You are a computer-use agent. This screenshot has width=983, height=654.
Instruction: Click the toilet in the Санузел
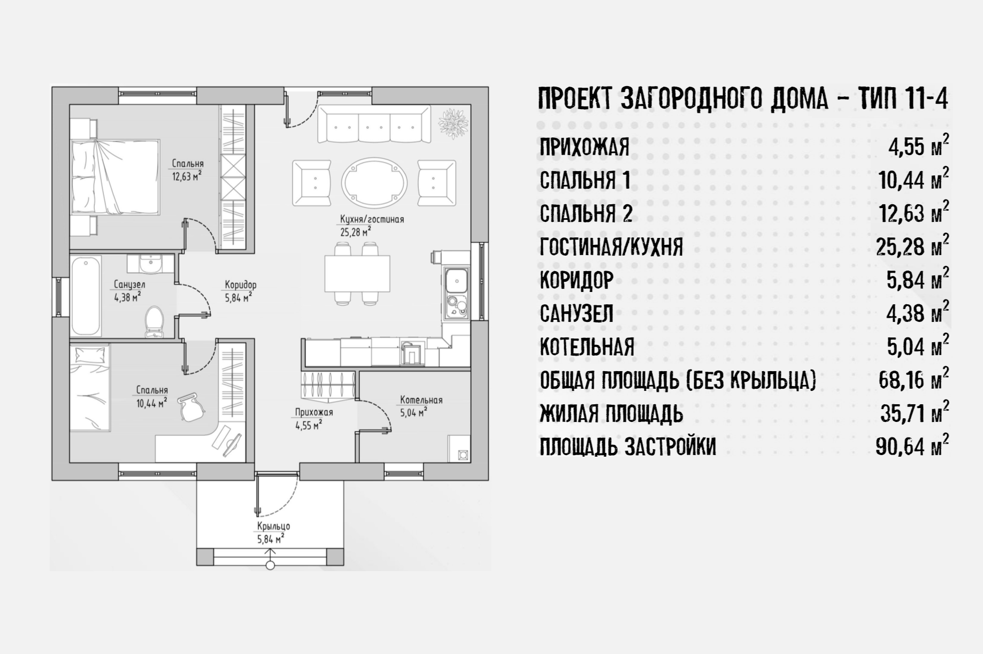[x=155, y=322]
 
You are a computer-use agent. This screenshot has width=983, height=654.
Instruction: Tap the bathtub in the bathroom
[x=86, y=296]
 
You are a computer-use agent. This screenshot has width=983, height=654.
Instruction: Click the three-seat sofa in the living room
[x=374, y=124]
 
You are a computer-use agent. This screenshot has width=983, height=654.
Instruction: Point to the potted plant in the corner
[x=454, y=122]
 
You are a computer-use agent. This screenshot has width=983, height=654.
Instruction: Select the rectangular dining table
[x=357, y=273]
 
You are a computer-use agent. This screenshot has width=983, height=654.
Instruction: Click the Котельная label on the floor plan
[x=421, y=400]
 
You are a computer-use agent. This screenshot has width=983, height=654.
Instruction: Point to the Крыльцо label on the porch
[x=273, y=526]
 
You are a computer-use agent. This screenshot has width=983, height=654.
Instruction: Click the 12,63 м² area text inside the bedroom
[x=187, y=175]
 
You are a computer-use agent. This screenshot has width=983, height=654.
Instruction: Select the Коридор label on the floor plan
[x=240, y=286]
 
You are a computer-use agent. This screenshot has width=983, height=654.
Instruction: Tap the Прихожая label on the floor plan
[x=314, y=413]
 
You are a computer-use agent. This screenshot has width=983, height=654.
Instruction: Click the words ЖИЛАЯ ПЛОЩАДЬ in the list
[x=611, y=413]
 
